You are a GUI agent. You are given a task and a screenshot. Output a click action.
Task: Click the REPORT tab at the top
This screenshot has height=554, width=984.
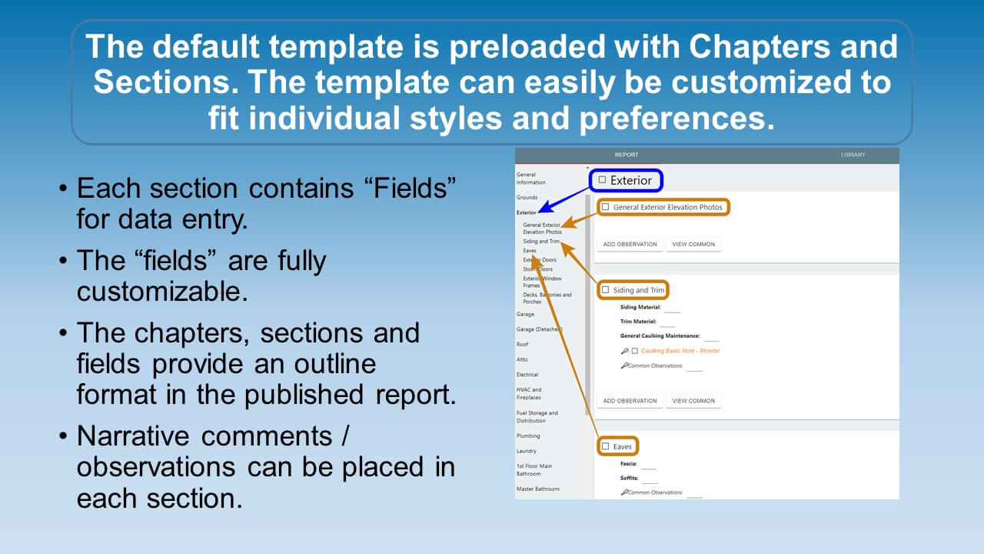click(x=626, y=155)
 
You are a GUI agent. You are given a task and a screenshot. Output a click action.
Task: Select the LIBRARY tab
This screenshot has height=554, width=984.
click(x=853, y=155)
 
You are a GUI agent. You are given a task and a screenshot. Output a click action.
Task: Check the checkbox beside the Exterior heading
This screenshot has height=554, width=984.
click(x=603, y=180)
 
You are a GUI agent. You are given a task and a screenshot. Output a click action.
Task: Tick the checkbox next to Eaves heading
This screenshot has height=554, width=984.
click(x=606, y=446)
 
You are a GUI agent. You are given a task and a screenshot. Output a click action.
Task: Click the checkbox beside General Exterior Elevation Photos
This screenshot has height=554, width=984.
click(x=606, y=207)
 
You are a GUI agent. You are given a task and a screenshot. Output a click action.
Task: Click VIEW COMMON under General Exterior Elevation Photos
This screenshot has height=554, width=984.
click(x=693, y=245)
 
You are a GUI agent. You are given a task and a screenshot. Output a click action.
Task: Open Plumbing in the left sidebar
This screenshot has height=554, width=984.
click(x=527, y=436)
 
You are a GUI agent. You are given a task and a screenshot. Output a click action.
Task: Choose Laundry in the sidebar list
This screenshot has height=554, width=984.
click(x=527, y=451)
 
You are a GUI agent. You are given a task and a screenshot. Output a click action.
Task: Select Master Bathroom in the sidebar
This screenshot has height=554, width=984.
click(x=537, y=489)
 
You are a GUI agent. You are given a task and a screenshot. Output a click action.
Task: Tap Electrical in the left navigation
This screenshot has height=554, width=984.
click(x=527, y=375)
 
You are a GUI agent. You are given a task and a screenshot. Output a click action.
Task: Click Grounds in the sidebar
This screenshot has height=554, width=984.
click(x=527, y=198)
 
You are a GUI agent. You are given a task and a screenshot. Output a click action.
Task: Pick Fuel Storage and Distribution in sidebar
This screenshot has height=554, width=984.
click(x=537, y=417)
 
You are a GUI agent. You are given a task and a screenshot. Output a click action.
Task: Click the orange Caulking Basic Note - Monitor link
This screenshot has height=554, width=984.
click(x=680, y=351)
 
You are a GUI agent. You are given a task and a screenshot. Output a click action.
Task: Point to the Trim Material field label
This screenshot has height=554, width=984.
click(x=638, y=322)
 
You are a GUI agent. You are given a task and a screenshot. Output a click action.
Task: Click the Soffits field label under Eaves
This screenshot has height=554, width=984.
click(x=629, y=478)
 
